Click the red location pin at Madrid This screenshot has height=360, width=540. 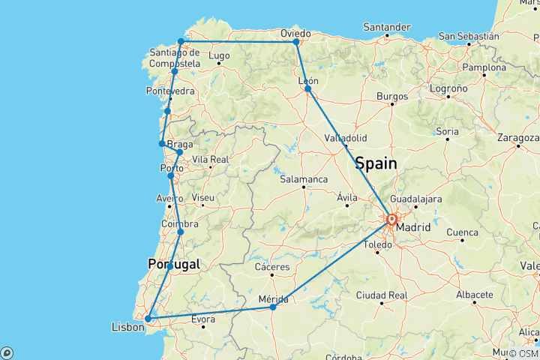click(391, 220)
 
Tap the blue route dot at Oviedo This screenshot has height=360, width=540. click(296, 42)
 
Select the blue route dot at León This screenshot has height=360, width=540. click(307, 88)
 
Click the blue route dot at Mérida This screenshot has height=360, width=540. click(273, 307)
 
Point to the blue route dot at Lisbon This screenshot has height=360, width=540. click(148, 319)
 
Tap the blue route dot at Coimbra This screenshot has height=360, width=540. click(180, 232)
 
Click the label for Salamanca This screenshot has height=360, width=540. click(303, 179)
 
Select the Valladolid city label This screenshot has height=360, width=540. click(346, 138)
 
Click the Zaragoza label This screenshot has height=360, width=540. click(517, 138)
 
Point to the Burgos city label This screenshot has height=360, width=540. click(392, 96)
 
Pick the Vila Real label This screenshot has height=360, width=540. click(210, 160)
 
